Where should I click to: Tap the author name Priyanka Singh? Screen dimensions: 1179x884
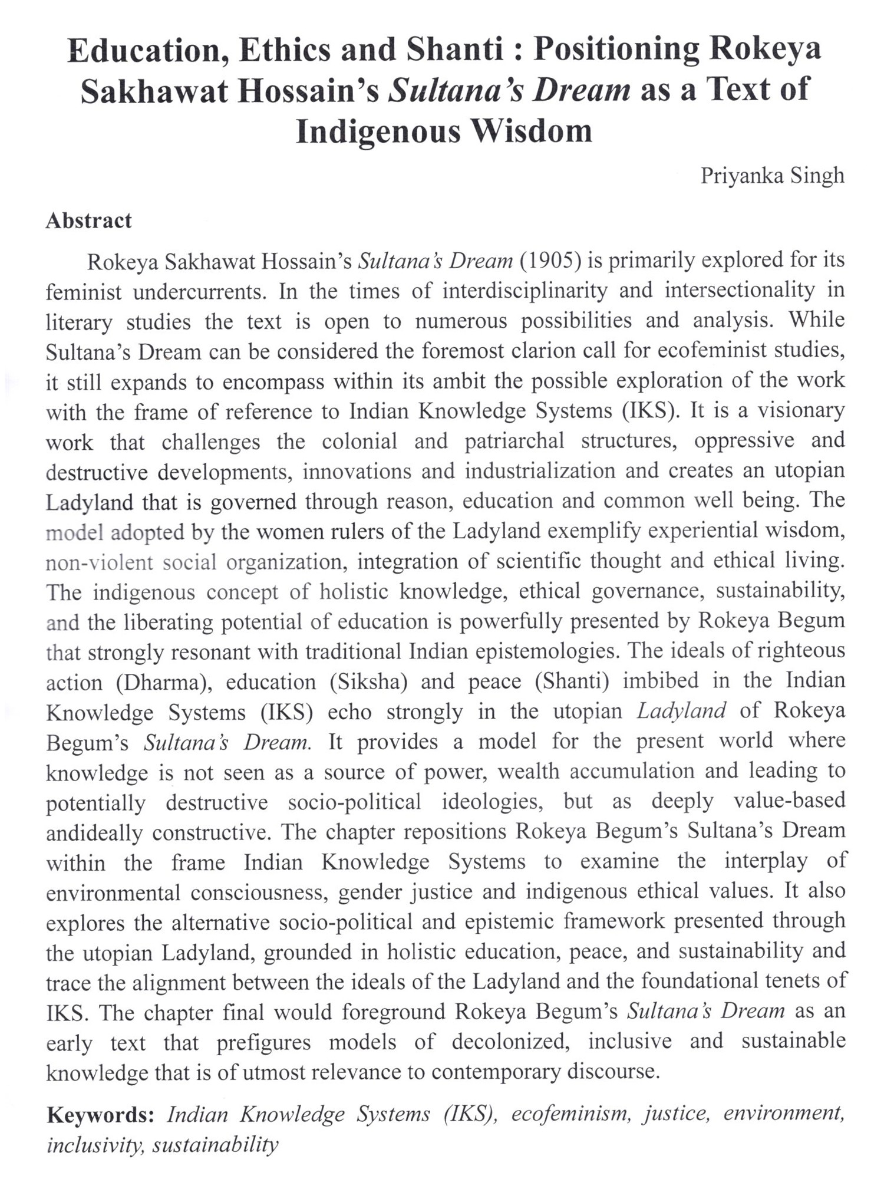tap(772, 176)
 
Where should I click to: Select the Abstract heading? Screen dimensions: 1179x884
tap(88, 220)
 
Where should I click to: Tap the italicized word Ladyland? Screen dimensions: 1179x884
tap(681, 711)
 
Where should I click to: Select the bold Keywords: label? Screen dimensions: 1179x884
tap(100, 1115)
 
